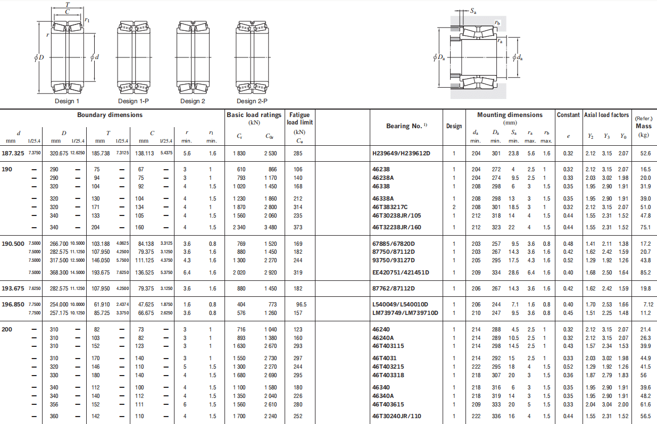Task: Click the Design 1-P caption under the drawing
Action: pos(134,101)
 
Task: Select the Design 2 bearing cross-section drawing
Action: pos(193,57)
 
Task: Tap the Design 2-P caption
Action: pos(252,101)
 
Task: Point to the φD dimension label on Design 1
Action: pos(39,57)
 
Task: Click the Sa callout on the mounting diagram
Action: pos(473,11)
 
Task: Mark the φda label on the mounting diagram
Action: pos(518,57)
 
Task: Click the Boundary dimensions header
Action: pos(110,115)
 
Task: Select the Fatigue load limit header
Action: pos(300,119)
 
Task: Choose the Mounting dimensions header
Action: pos(510,115)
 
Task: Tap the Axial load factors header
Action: pos(606,115)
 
